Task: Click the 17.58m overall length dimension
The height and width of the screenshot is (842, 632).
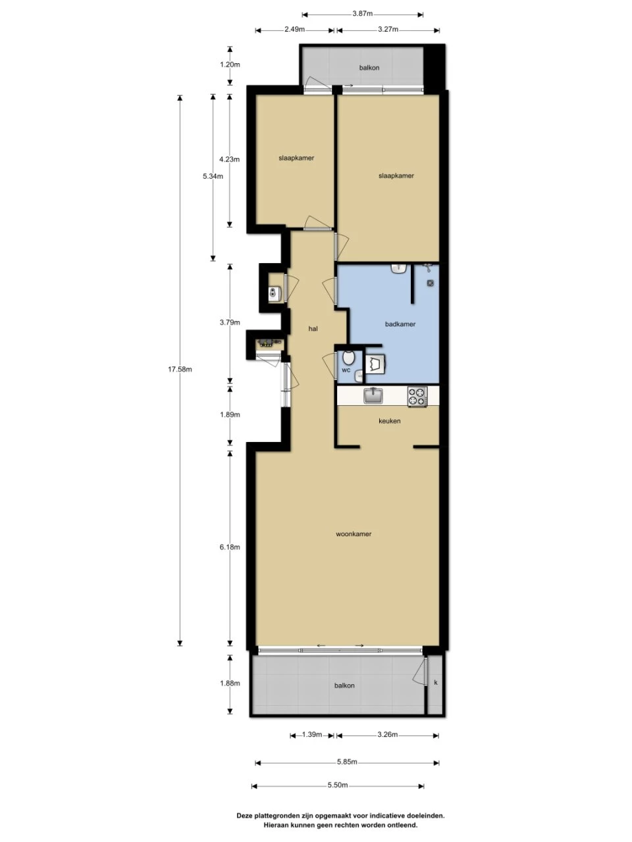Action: (x=180, y=369)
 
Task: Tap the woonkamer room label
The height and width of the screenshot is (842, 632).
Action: (x=354, y=534)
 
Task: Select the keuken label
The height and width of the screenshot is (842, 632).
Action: (x=389, y=421)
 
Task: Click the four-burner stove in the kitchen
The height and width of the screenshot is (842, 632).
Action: (x=417, y=396)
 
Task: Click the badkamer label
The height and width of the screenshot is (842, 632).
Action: (x=400, y=324)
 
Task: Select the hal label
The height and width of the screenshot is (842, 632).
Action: (x=313, y=328)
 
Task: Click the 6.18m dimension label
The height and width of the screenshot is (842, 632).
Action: (x=230, y=547)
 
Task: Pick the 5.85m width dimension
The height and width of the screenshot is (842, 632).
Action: (x=346, y=762)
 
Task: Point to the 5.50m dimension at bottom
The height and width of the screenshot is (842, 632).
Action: (x=337, y=785)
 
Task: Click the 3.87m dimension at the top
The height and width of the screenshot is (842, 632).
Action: (x=362, y=13)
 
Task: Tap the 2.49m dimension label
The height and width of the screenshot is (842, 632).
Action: (x=294, y=29)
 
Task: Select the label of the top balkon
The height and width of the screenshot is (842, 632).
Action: (x=369, y=68)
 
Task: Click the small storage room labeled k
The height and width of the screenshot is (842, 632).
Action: (x=435, y=683)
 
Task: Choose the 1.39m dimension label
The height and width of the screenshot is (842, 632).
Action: (x=311, y=735)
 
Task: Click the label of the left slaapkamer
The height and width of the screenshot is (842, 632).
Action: (x=296, y=158)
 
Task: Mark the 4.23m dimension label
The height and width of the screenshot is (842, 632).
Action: (x=230, y=159)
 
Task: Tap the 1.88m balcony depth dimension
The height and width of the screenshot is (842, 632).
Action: (x=230, y=683)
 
